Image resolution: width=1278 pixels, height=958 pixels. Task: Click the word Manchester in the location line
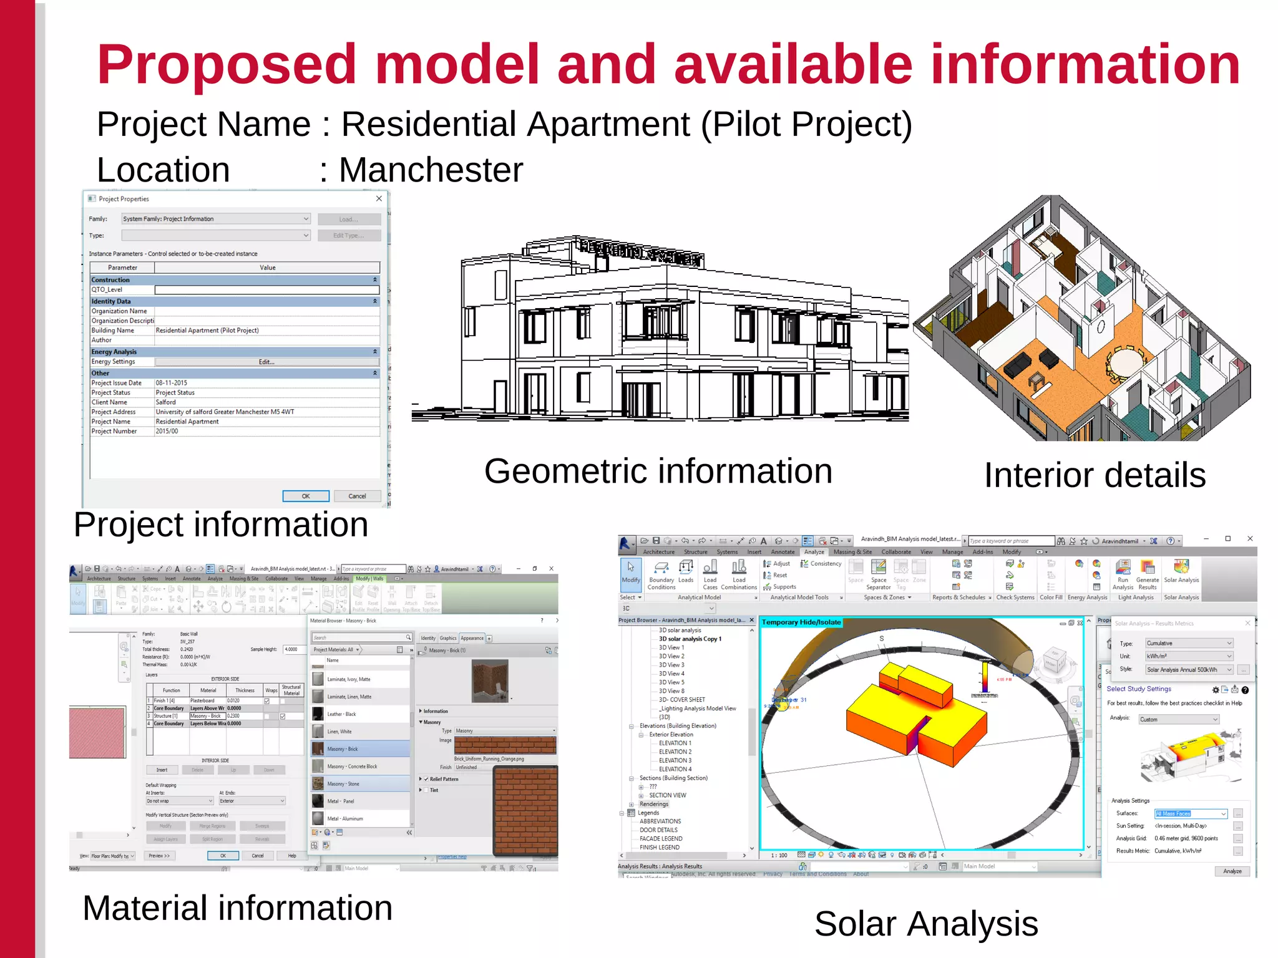[x=431, y=170]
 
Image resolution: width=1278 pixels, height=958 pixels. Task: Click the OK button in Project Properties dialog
[x=306, y=496]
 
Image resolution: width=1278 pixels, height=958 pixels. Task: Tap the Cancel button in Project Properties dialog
[x=357, y=496]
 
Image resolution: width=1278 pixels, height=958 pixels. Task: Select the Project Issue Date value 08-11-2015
[x=172, y=383]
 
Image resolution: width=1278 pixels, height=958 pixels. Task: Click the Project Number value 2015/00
[x=167, y=431]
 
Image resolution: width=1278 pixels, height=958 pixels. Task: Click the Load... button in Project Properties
[x=349, y=220]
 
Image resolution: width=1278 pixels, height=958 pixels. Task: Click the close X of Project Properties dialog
[x=379, y=199]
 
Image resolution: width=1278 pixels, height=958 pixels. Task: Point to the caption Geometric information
[x=658, y=472]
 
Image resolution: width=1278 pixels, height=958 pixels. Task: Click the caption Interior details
[x=1095, y=475]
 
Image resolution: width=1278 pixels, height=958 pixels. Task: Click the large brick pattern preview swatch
[x=525, y=811]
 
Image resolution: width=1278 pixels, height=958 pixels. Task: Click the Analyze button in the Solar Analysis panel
[x=1232, y=871]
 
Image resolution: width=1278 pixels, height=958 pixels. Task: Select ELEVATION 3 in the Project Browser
[x=675, y=760]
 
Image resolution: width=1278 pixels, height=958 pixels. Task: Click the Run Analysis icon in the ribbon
[x=1123, y=574]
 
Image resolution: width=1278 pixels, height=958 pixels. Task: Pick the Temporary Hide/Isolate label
[x=801, y=622]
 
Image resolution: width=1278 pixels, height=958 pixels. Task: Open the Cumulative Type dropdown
[x=1189, y=643]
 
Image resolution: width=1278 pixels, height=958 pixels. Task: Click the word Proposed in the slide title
[x=226, y=64]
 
